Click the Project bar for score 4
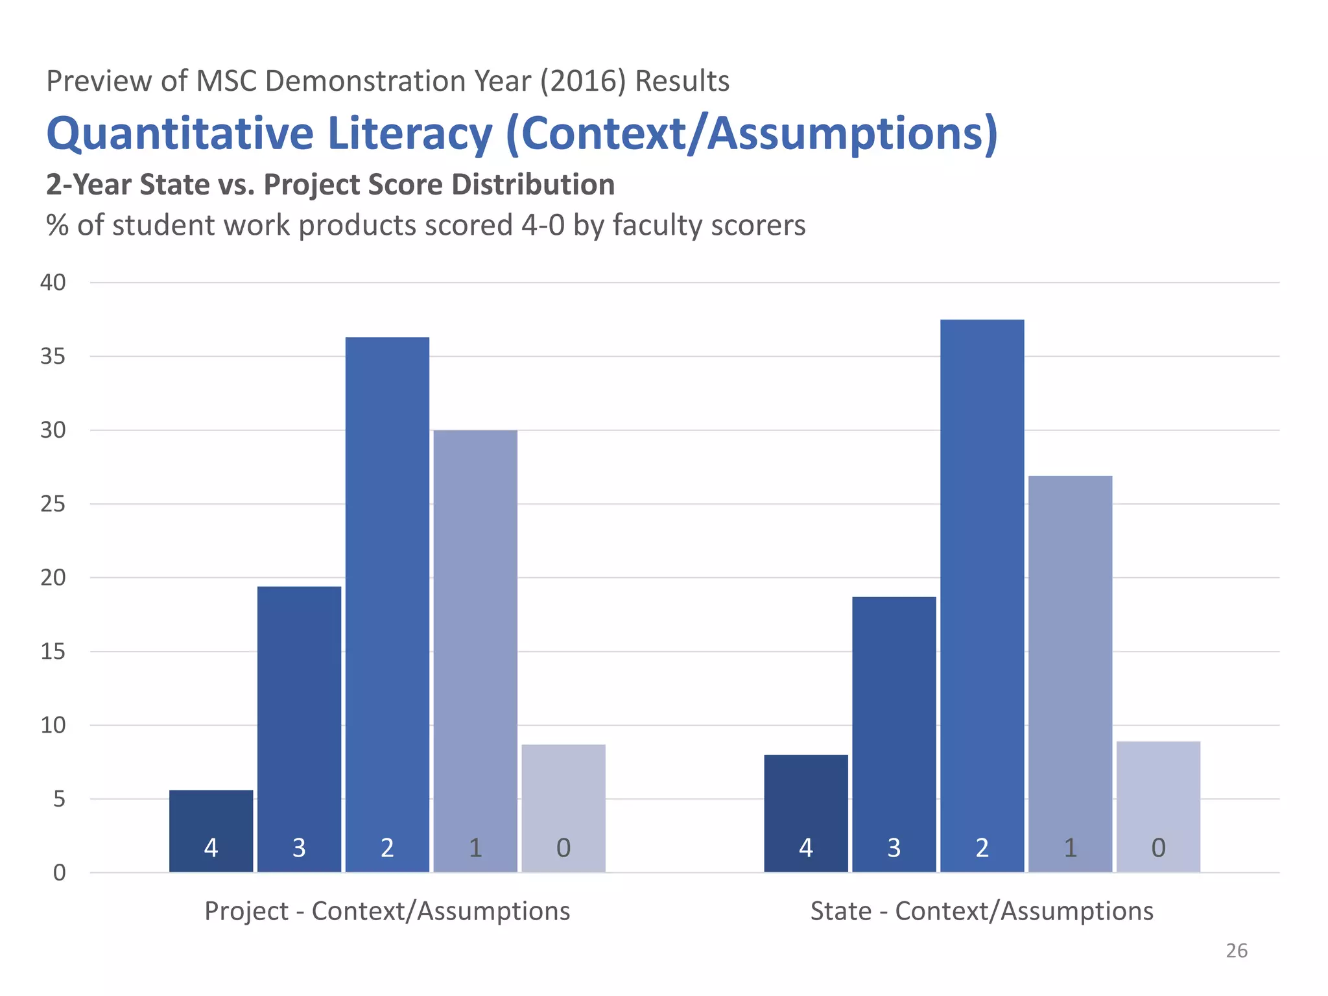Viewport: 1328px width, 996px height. point(211,831)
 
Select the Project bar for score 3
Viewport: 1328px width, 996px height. point(299,729)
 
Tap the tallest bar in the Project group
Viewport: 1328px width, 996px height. point(387,604)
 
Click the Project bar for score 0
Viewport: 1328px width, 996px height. point(563,808)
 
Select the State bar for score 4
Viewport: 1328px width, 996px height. point(806,813)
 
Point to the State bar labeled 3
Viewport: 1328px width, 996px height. point(894,734)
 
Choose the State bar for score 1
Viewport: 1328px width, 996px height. point(1071,674)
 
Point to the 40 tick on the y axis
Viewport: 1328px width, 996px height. point(53,282)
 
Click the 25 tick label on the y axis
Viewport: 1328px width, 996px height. point(53,504)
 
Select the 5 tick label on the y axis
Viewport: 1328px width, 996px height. point(59,799)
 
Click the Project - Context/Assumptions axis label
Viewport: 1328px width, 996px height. point(387,911)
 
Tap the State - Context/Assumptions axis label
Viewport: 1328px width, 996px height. point(982,911)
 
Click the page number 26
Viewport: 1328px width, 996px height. point(1237,951)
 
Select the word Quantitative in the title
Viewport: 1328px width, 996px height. point(180,134)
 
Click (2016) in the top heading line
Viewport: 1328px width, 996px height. point(583,81)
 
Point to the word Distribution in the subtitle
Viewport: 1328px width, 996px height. point(533,185)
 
